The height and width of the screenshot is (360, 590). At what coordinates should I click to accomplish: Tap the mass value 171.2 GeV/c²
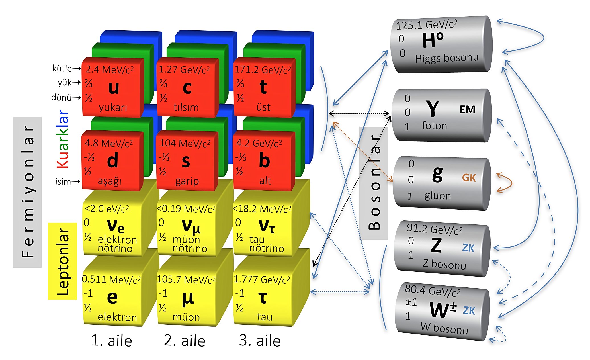(263, 70)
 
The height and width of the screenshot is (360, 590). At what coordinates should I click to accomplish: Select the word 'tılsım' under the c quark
(186, 107)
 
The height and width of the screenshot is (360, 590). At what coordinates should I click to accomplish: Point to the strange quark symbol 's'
(186, 161)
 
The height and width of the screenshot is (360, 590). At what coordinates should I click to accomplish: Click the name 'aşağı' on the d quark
(110, 181)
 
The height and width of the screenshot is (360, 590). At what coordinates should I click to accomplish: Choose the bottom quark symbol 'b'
(264, 161)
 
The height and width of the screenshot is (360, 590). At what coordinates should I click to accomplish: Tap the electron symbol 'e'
(112, 297)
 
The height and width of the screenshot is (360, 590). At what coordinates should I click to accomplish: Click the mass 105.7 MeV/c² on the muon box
(186, 280)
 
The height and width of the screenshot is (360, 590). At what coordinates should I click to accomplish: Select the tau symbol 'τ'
(263, 298)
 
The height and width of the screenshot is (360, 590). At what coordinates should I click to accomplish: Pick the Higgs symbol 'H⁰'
(433, 40)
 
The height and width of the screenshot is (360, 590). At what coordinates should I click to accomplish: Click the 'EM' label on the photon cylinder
(467, 109)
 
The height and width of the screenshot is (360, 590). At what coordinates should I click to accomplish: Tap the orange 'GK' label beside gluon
(469, 178)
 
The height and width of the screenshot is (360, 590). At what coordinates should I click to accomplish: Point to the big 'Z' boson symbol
(436, 245)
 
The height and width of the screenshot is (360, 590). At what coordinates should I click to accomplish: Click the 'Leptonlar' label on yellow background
(63, 261)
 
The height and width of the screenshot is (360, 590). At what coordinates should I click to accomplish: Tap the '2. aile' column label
(185, 341)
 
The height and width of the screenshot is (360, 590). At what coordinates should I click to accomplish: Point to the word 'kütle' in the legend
(62, 69)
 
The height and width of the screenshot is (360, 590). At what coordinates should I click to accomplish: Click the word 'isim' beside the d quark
(63, 181)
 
